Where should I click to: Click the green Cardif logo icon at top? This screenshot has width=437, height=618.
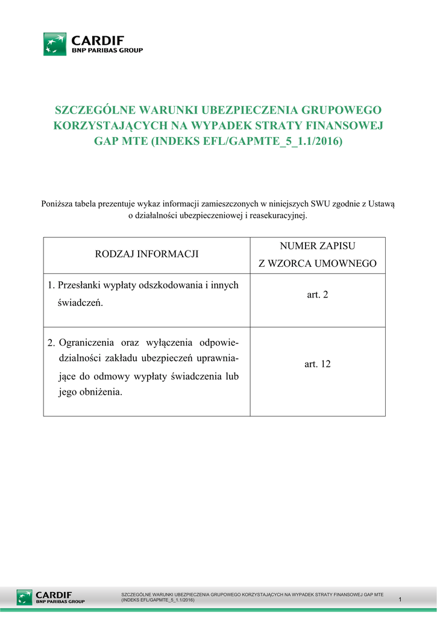(55, 45)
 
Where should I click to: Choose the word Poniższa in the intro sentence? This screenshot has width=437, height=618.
(57, 204)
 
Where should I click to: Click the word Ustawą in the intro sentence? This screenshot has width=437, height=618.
(380, 204)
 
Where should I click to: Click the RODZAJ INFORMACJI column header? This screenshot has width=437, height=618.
(147, 255)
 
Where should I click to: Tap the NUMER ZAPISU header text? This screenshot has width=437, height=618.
(318, 246)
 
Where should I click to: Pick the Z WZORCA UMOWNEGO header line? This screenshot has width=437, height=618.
(318, 264)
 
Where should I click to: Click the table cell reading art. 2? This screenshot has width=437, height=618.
(318, 295)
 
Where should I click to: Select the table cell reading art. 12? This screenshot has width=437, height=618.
(318, 365)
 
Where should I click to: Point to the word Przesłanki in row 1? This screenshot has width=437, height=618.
(80, 285)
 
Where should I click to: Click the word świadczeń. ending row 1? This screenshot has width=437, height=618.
(81, 303)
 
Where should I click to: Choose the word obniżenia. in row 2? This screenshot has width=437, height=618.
(100, 392)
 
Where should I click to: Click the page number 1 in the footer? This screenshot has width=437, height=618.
(400, 599)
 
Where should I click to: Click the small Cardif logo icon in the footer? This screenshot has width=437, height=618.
(25, 597)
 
